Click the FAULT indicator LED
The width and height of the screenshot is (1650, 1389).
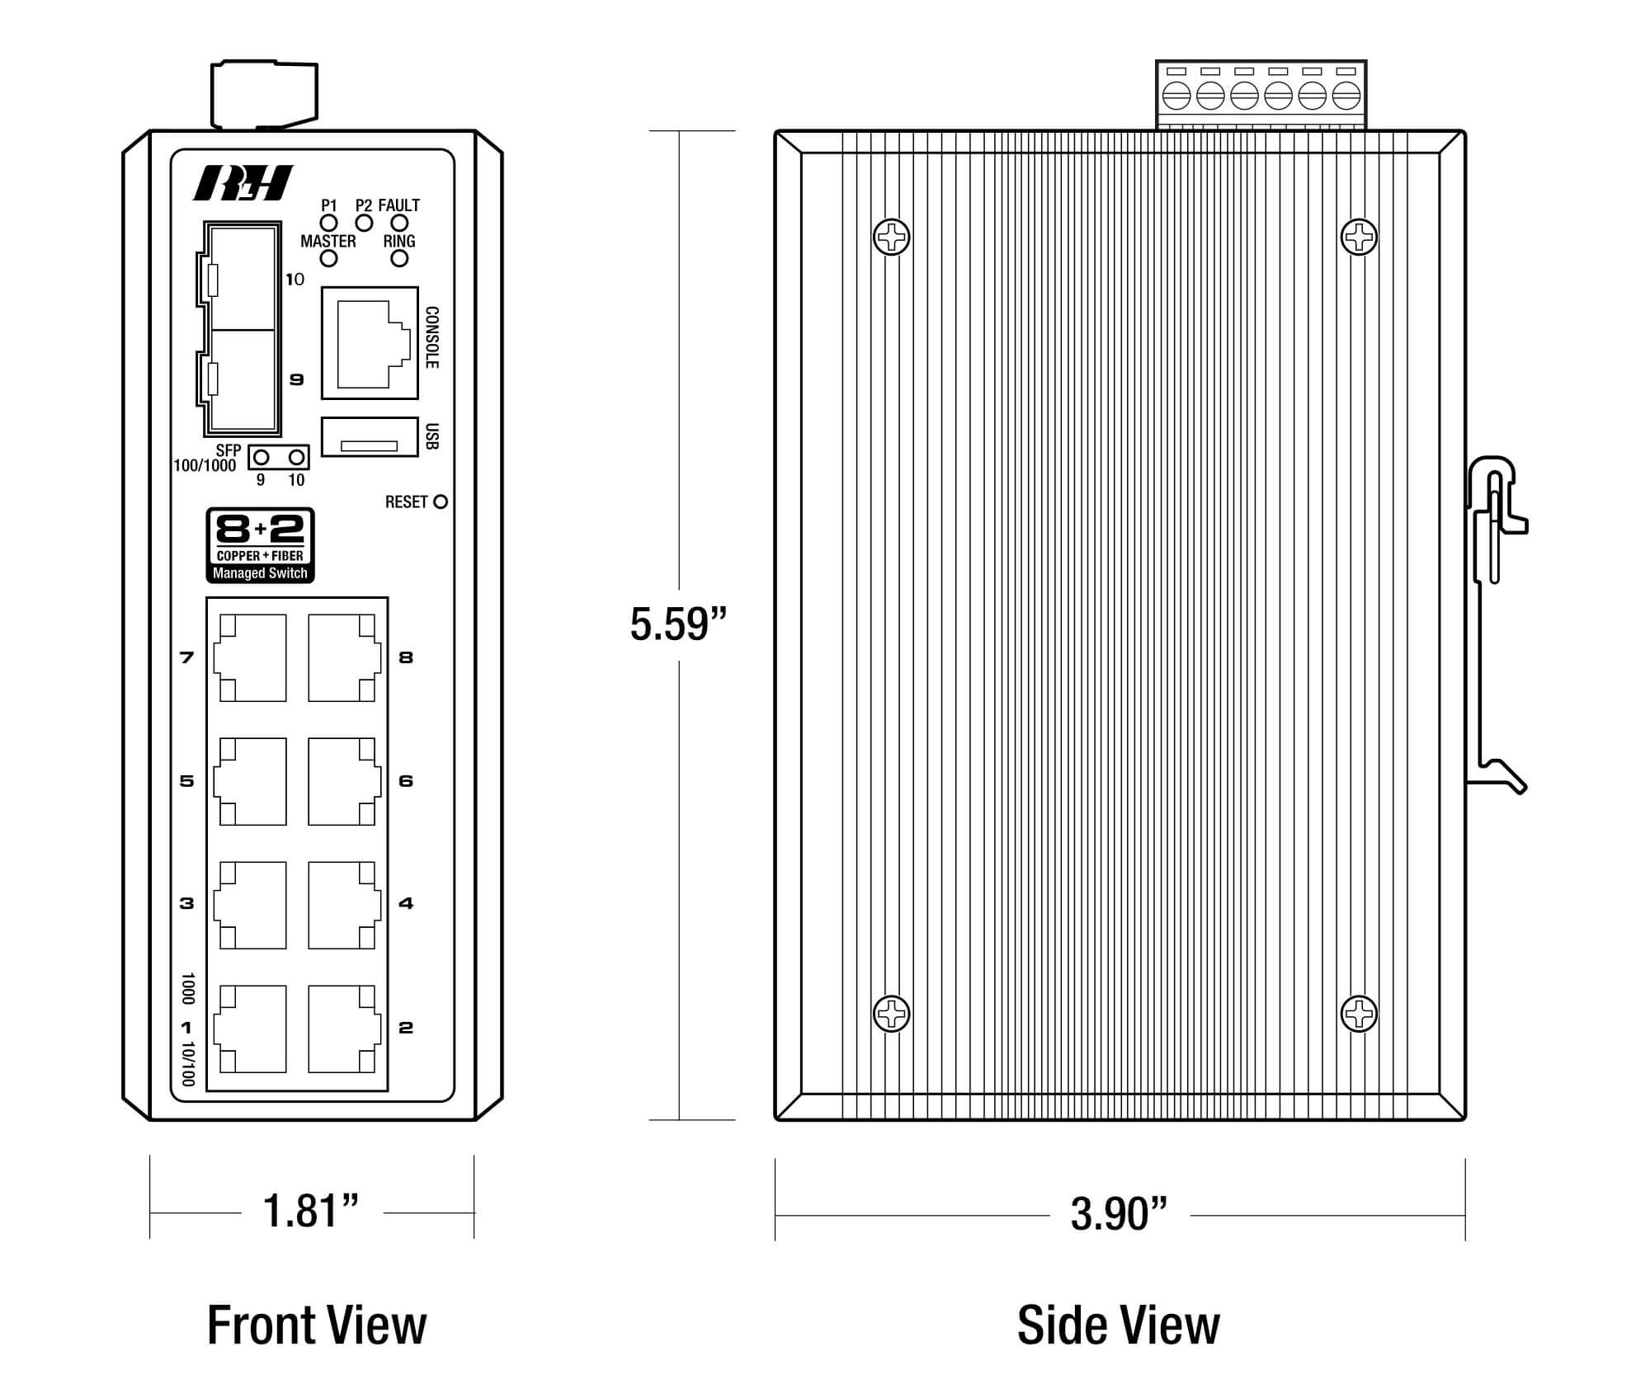[399, 223]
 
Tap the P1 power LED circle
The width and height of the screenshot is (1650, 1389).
[329, 223]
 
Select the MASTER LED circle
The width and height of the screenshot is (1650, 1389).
[329, 259]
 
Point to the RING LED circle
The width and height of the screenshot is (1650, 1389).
[399, 259]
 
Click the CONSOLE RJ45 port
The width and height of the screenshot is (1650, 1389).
[370, 343]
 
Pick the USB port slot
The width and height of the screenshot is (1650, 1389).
[370, 436]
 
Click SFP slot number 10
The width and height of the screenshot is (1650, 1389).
[243, 277]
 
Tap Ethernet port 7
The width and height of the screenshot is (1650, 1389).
[251, 657]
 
